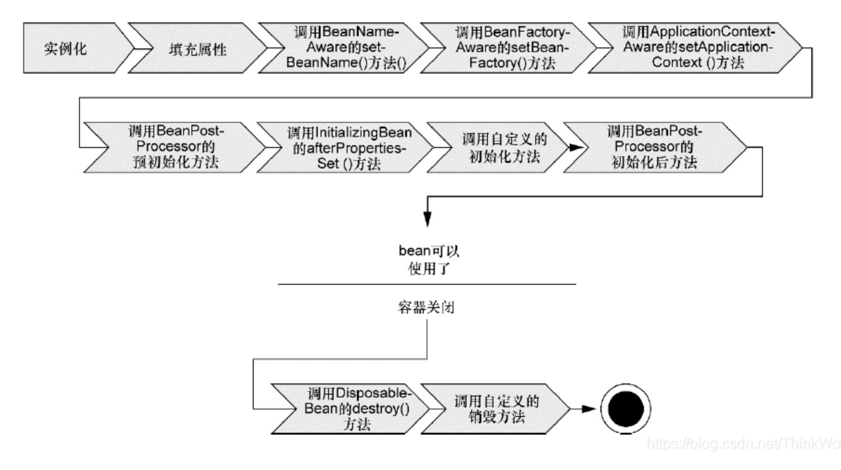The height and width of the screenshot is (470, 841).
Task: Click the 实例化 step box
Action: click(x=70, y=48)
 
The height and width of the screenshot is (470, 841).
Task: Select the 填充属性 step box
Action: click(x=197, y=48)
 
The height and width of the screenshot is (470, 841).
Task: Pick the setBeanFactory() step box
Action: click(x=511, y=47)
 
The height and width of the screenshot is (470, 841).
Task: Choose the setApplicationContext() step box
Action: click(x=697, y=47)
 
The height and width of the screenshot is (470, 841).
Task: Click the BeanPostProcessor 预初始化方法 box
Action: click(x=176, y=147)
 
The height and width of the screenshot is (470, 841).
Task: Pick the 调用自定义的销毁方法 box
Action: click(x=496, y=409)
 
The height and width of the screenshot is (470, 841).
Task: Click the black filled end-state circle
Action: click(x=625, y=409)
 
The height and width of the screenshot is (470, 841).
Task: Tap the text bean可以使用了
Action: click(x=428, y=260)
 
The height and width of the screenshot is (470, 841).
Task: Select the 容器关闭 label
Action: click(x=426, y=307)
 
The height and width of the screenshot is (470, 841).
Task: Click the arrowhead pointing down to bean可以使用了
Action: click(x=427, y=218)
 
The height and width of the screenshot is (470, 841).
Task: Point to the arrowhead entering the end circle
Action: click(x=589, y=409)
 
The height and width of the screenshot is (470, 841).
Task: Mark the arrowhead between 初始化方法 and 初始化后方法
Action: click(x=576, y=148)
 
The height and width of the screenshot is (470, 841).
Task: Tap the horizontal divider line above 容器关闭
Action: click(x=427, y=284)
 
